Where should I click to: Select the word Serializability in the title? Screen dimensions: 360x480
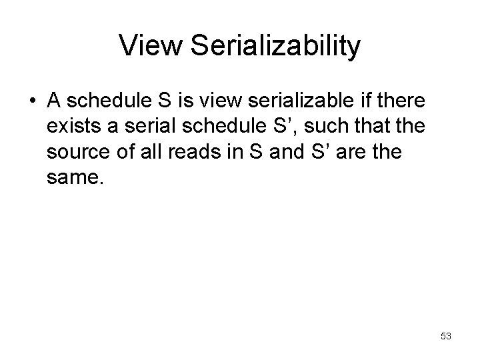[x=275, y=46]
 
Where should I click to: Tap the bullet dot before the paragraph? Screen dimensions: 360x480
[x=33, y=102]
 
